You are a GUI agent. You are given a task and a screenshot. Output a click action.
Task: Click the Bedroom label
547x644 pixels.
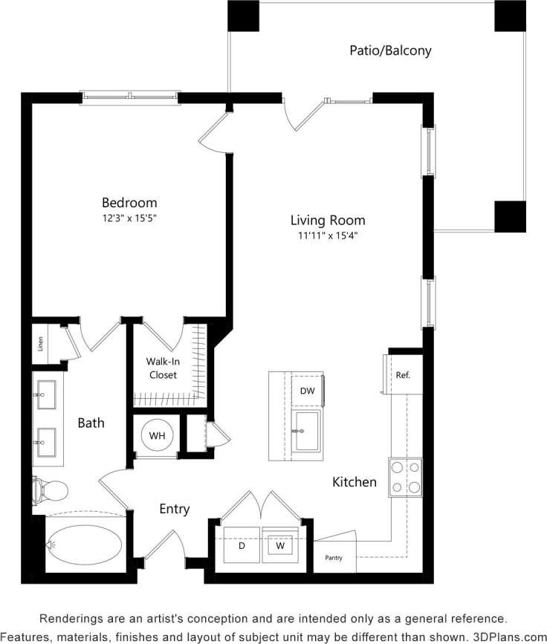[x=129, y=202]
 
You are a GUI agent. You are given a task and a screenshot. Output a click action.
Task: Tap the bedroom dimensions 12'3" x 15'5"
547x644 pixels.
[x=129, y=218]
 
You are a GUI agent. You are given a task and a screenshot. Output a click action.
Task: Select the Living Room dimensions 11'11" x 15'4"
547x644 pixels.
[x=328, y=236]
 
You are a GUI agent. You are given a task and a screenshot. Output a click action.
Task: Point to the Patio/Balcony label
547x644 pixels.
[x=390, y=51]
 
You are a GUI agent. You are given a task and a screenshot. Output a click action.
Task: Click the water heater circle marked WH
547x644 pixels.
[x=157, y=435]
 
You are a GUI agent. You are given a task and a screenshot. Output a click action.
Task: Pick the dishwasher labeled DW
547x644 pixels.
[x=307, y=391]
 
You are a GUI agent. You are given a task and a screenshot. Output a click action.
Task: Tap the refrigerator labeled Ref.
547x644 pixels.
[x=403, y=375]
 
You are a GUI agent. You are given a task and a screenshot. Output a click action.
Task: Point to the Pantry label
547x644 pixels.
[x=333, y=557]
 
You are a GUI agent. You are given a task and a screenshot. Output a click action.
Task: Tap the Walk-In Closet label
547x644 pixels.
[x=163, y=368]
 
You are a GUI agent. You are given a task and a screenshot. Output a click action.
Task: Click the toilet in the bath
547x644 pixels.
[x=51, y=489]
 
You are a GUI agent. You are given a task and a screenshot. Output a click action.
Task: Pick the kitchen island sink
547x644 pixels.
[x=306, y=431]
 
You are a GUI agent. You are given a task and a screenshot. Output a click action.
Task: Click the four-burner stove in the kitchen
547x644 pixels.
[x=406, y=477]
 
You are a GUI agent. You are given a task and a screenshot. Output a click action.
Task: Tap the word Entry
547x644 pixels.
[x=175, y=509]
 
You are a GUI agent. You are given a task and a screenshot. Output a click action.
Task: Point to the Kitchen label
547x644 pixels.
[x=354, y=482]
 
